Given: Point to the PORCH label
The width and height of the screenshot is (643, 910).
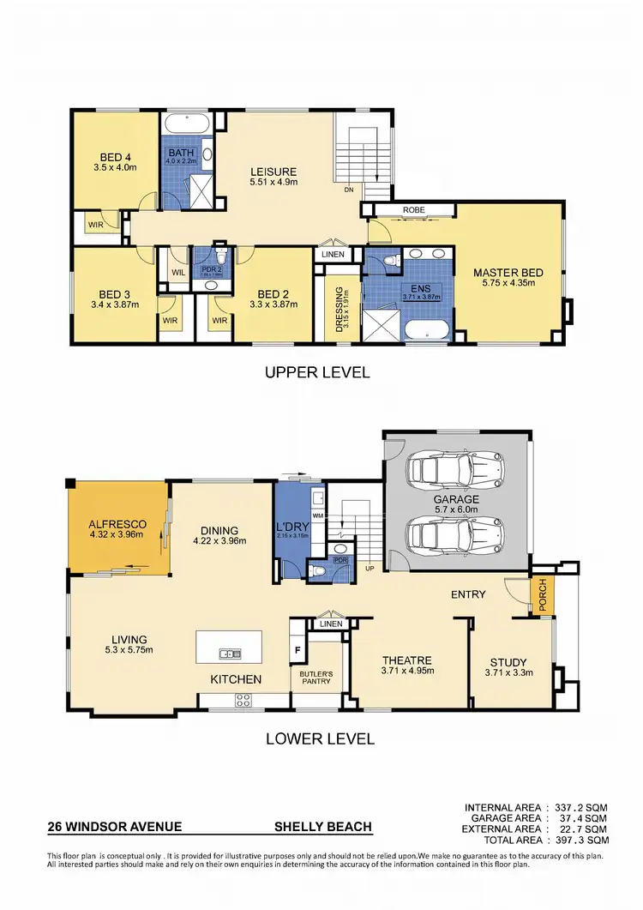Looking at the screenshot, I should [x=543, y=596].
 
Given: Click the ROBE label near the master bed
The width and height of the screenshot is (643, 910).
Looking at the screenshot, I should [x=413, y=208].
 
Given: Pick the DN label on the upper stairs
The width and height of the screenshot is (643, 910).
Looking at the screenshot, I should [x=348, y=190].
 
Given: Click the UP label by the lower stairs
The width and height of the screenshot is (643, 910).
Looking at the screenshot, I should [x=370, y=569].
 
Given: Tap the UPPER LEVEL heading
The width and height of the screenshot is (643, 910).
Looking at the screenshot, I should [x=317, y=372].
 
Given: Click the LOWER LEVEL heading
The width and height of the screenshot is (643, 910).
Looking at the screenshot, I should [x=320, y=738].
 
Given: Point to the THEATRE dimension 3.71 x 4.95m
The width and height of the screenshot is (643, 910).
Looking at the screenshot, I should [x=407, y=672].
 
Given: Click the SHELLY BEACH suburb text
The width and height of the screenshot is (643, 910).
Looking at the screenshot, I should [x=322, y=828].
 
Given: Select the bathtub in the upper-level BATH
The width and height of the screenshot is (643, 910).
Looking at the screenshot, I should [x=186, y=124].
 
